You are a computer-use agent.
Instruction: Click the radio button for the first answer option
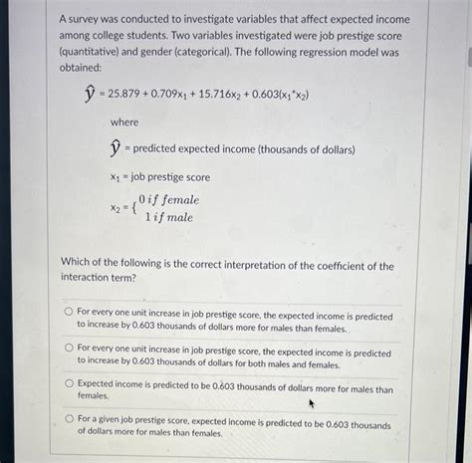69,311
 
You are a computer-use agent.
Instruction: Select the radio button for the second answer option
69,347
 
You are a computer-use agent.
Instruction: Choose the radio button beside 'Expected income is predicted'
69,383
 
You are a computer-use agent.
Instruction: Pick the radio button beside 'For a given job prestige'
69,419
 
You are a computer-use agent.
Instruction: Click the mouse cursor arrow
312,403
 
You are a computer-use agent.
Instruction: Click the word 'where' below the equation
124,121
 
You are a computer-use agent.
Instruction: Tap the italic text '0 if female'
170,200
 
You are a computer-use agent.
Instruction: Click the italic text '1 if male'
167,217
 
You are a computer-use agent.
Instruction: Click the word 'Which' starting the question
78,266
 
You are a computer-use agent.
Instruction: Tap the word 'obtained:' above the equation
82,67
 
